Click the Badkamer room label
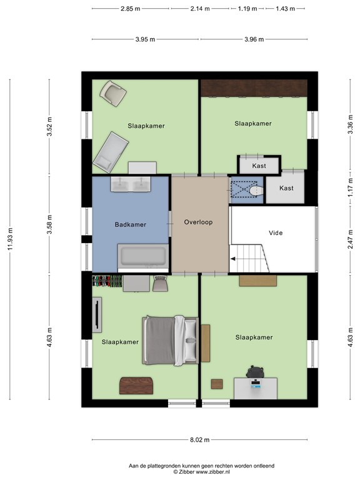130,224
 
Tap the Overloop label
199,222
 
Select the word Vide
276,233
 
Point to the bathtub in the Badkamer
142,256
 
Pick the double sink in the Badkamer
131,184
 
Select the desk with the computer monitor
255,387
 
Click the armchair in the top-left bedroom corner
113,94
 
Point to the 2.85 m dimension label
130,9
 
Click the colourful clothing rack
106,281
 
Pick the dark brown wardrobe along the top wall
254,88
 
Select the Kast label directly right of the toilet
286,188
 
